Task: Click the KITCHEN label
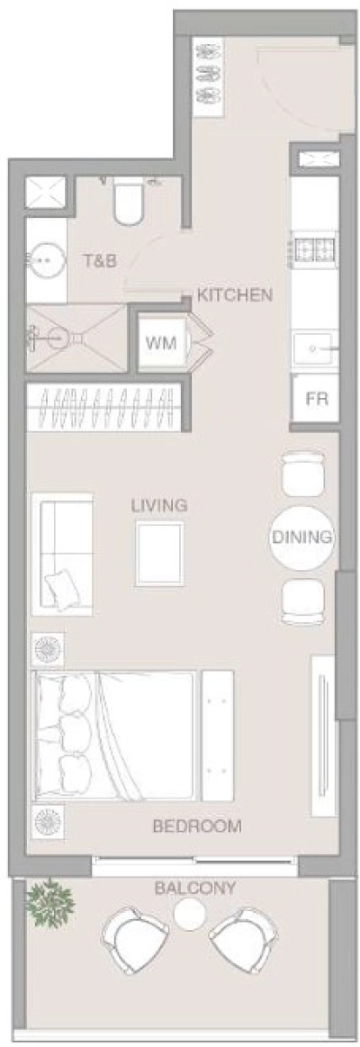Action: pos(234,295)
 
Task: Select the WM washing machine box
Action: pos(161,343)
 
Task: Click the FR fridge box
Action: pos(316,398)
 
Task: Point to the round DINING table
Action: pos(302,537)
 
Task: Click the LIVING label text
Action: pos(159,505)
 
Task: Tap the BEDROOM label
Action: pos(196,826)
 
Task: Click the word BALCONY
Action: pos(195,889)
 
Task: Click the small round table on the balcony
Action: pos(190,916)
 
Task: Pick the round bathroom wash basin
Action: pos(43,261)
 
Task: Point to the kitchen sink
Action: pos(314,346)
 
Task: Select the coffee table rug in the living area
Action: pos(159,554)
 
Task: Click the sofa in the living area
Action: pos(62,554)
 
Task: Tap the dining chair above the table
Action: pos(302,474)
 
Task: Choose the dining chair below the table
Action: pos(302,600)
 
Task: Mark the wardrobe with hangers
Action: pos(104,410)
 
